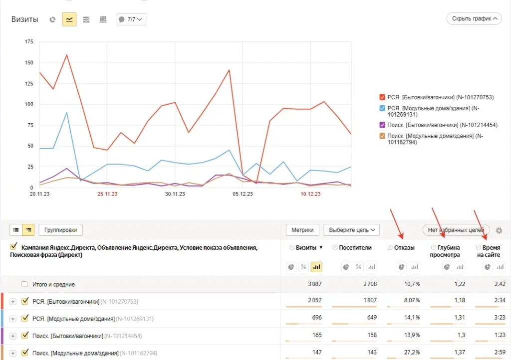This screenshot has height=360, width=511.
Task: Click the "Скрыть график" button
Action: click(474, 19)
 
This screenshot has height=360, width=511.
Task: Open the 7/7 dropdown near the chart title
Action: click(131, 19)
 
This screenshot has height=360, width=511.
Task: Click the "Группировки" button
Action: click(60, 230)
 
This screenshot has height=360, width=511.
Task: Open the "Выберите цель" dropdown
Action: click(351, 230)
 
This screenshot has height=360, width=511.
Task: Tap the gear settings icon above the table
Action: click(499, 230)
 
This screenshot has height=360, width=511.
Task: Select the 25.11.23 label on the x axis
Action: click(107, 194)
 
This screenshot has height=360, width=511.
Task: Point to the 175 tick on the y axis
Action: click(29, 41)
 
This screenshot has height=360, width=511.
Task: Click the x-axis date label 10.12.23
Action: click(310, 194)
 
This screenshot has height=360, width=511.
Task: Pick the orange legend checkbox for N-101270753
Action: click(382, 97)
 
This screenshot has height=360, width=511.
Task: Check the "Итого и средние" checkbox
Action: click(24, 284)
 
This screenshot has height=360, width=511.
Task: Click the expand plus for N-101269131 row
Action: click(13, 319)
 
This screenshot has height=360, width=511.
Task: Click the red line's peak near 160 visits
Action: click(66, 55)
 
